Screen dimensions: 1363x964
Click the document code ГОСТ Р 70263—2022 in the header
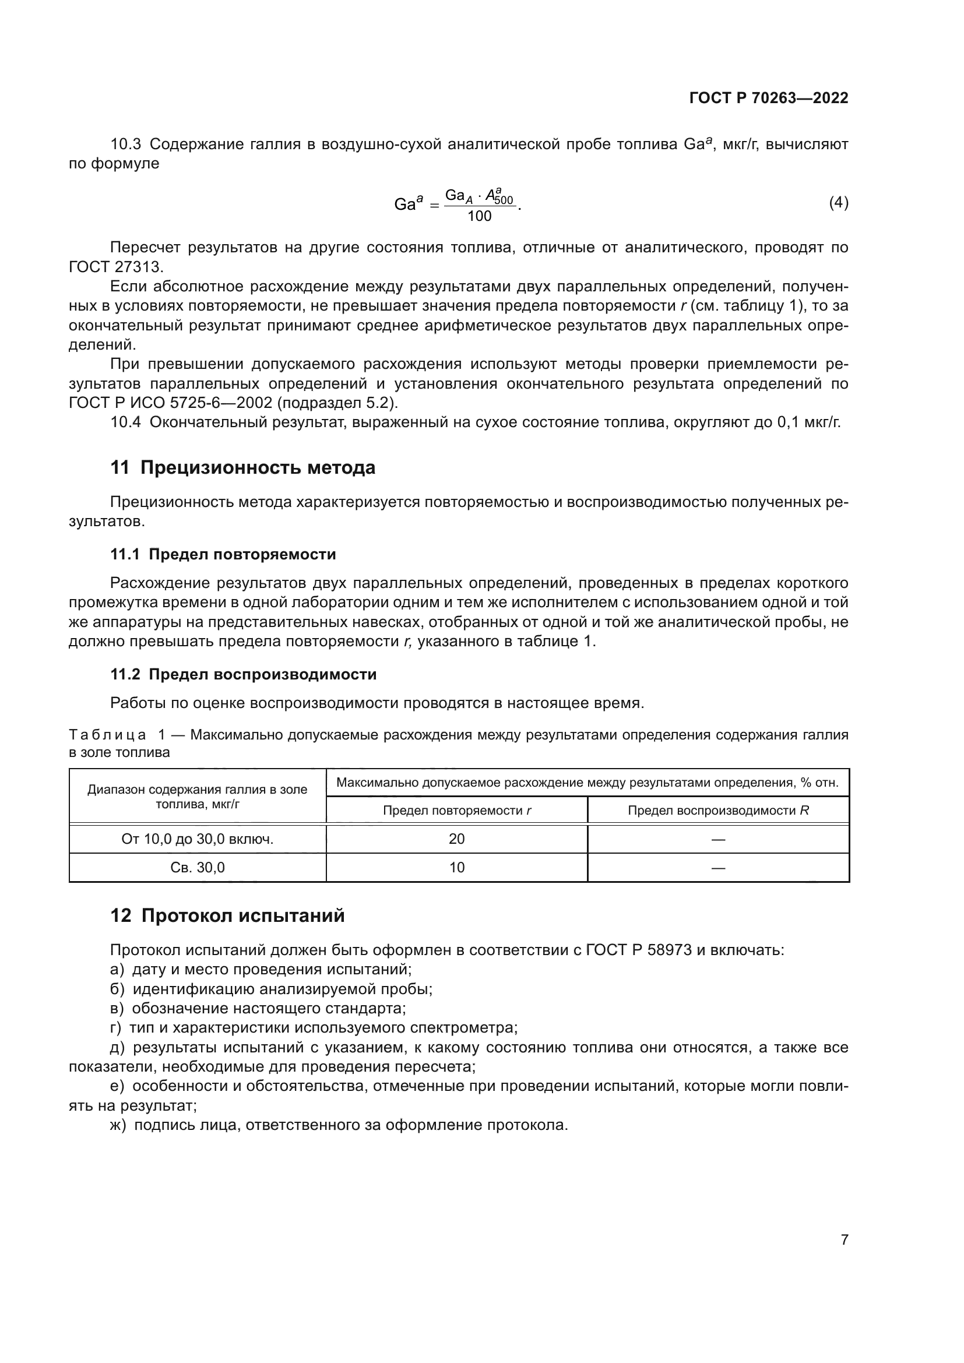768,98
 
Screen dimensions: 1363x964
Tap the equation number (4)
838,203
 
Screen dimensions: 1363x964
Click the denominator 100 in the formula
479,217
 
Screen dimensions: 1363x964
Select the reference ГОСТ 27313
116,266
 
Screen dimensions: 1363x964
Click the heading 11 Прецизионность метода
243,468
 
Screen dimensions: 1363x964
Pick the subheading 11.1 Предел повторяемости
223,554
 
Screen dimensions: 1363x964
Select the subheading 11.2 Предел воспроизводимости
244,674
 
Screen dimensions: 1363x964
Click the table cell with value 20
456,839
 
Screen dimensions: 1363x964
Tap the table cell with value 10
456,867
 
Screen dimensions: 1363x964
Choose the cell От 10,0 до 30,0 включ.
197,839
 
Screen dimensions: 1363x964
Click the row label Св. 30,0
197,867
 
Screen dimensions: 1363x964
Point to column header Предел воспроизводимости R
717,811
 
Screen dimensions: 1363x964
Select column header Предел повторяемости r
456,811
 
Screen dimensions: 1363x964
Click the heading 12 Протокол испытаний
227,915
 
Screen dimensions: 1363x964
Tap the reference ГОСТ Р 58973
638,950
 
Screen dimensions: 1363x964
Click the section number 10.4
125,422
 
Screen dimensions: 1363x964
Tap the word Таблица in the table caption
107,735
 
